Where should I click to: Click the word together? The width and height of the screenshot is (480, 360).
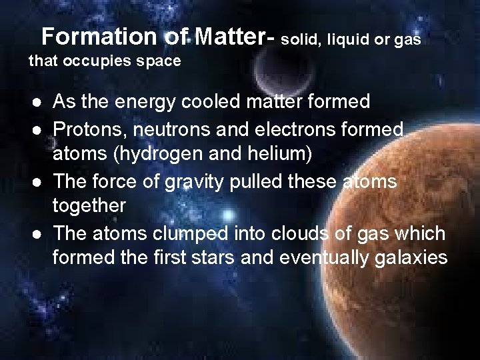click(89, 207)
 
